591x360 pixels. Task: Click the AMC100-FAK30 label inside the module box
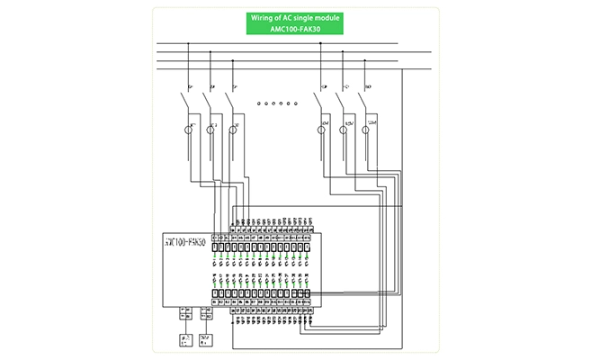[x=185, y=242]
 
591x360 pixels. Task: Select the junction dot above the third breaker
[x=233, y=60]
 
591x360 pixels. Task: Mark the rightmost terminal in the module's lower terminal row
[x=309, y=293]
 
